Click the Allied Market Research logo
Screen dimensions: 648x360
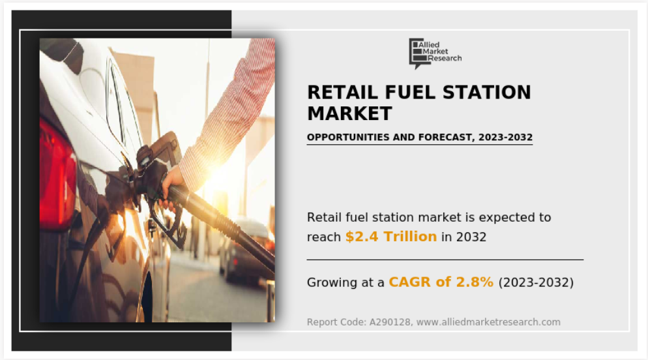click(x=435, y=53)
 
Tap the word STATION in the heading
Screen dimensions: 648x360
click(x=487, y=92)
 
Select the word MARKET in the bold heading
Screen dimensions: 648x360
click(x=349, y=113)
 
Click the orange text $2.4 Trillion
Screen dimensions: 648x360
click(x=391, y=237)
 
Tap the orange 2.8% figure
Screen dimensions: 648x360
click(x=475, y=282)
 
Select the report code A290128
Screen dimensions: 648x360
click(x=390, y=322)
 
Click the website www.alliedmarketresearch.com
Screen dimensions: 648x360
click(x=488, y=322)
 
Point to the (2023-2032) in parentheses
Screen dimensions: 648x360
click(x=536, y=282)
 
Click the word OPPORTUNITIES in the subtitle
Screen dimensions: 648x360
click(x=348, y=137)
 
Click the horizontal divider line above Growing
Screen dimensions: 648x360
click(x=445, y=260)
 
